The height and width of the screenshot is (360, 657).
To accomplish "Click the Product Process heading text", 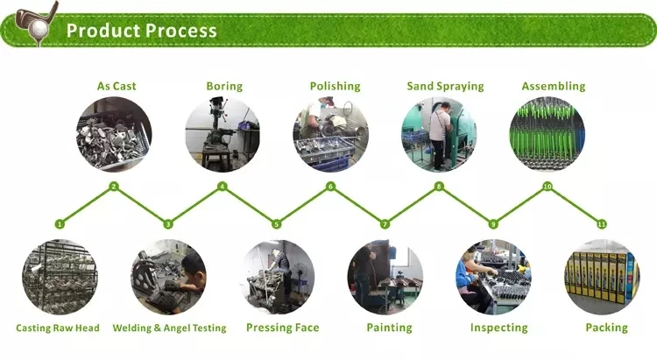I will [141, 31].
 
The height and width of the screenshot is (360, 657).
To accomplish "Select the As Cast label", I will [117, 86].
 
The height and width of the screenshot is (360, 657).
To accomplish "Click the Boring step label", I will [224, 86].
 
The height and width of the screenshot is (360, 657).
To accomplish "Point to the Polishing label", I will [335, 86].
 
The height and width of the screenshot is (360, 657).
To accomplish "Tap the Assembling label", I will [553, 86].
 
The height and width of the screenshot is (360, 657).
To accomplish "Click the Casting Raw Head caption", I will [58, 328].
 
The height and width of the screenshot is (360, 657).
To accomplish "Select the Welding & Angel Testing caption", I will [169, 328].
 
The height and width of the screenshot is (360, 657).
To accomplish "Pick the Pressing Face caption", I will [282, 328].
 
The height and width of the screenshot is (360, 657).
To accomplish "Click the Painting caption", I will [389, 328].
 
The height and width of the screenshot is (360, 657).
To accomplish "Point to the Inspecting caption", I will [498, 328].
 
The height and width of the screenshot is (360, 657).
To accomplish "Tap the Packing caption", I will [607, 328].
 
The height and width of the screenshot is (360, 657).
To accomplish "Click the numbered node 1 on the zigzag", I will [60, 224].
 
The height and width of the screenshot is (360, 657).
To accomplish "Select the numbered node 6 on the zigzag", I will [331, 187].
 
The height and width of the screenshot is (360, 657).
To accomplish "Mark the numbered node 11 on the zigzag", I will [601, 224].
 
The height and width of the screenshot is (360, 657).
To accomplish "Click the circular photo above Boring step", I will [223, 134].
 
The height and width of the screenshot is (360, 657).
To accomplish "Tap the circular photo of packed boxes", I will [602, 278].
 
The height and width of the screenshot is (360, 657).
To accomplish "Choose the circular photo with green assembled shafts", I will [547, 134].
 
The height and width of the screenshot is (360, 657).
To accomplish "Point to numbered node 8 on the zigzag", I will [439, 187].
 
